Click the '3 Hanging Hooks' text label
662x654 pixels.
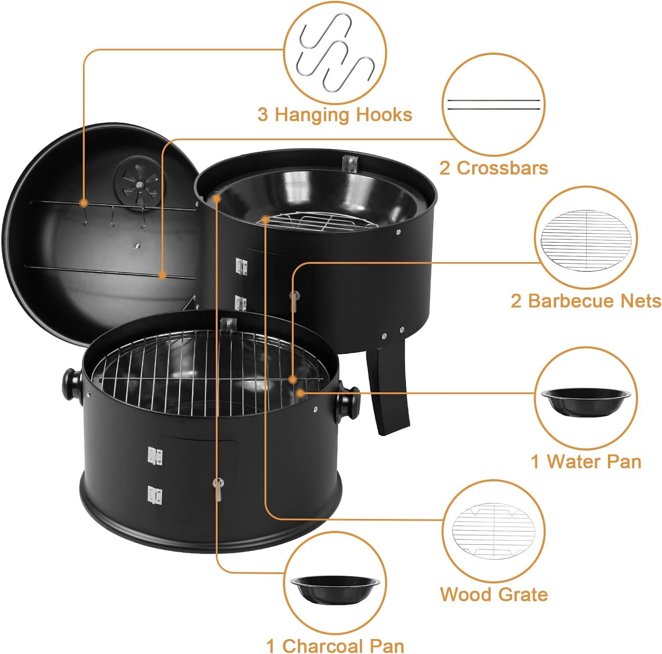pyautogui.click(x=335, y=114)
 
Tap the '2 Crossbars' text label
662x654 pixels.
pyautogui.click(x=493, y=168)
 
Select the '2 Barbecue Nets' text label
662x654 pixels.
pyautogui.click(x=586, y=301)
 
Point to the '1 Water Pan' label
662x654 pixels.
pyautogui.click(x=586, y=462)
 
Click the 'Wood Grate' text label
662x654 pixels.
pyautogui.click(x=493, y=594)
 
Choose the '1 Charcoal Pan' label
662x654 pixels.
pyautogui.click(x=335, y=645)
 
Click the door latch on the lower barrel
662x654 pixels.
pyautogui.click(x=218, y=489)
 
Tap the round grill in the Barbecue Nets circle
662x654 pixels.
pyautogui.click(x=586, y=237)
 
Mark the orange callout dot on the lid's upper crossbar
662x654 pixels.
pyautogui.click(x=83, y=203)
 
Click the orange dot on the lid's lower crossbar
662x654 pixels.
pyautogui.click(x=162, y=275)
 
